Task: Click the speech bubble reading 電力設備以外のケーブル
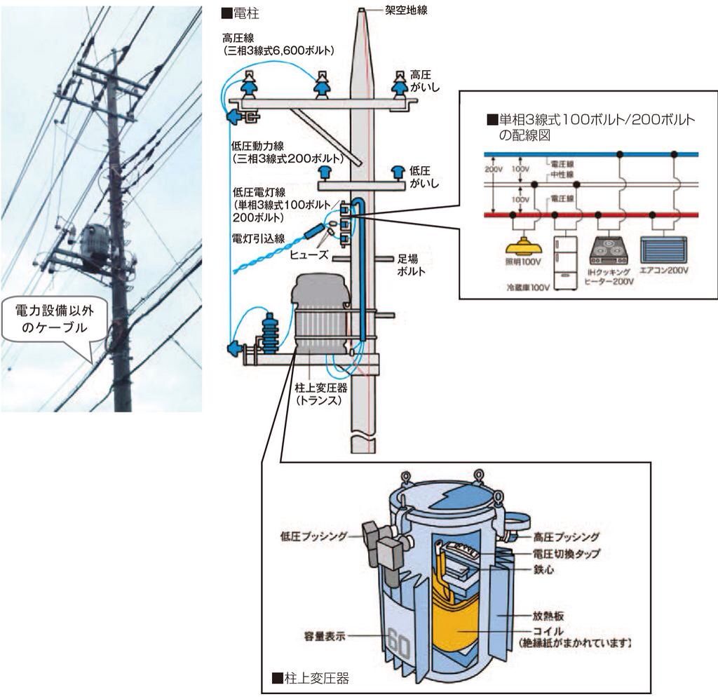coord(57,320)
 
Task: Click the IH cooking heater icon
coord(609,251)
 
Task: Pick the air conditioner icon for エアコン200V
coord(663,250)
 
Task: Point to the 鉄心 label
coord(545,571)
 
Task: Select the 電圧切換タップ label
coord(567,554)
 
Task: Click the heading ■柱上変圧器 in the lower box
coord(309,678)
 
